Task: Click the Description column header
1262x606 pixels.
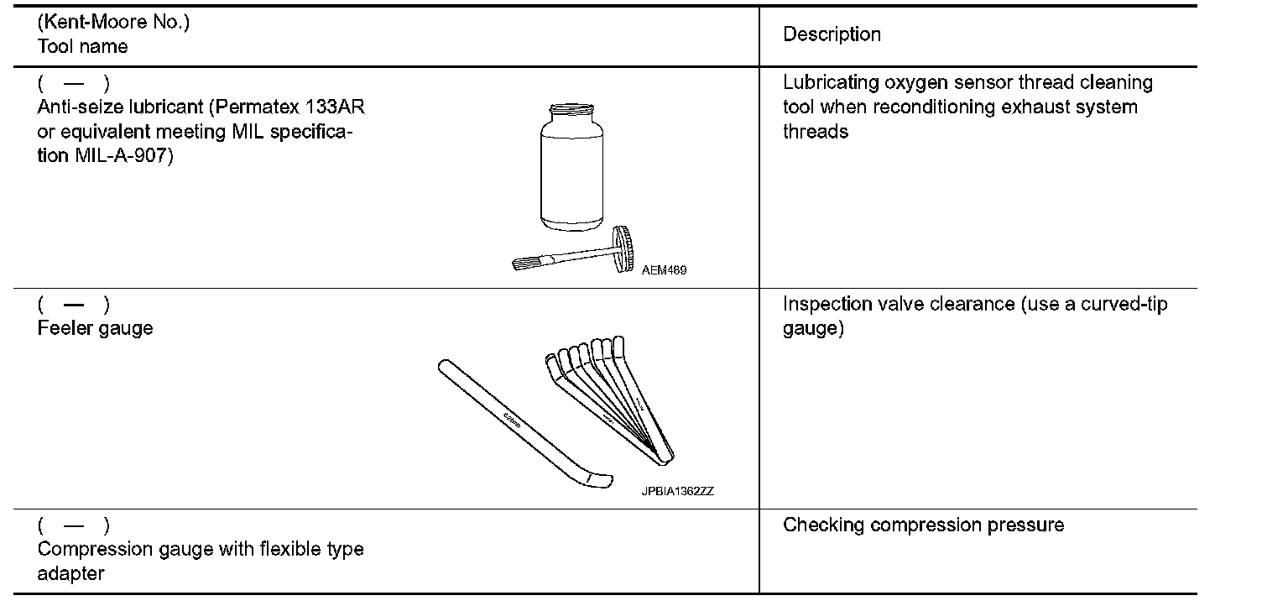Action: point(832,34)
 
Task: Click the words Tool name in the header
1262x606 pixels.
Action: point(82,46)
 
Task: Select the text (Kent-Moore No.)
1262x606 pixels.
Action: point(113,23)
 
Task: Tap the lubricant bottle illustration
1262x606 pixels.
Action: point(571,172)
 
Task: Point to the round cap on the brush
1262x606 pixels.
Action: point(623,248)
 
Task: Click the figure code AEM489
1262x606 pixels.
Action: point(663,270)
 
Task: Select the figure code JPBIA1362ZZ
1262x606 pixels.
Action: point(677,492)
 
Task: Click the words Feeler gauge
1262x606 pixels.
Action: point(95,328)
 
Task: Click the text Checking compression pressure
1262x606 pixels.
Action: point(923,525)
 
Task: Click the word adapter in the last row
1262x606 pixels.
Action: point(70,574)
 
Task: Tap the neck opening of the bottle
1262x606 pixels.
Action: point(571,107)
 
